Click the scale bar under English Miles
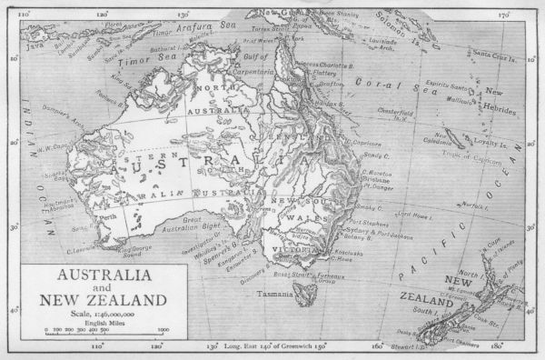tap(104, 331)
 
